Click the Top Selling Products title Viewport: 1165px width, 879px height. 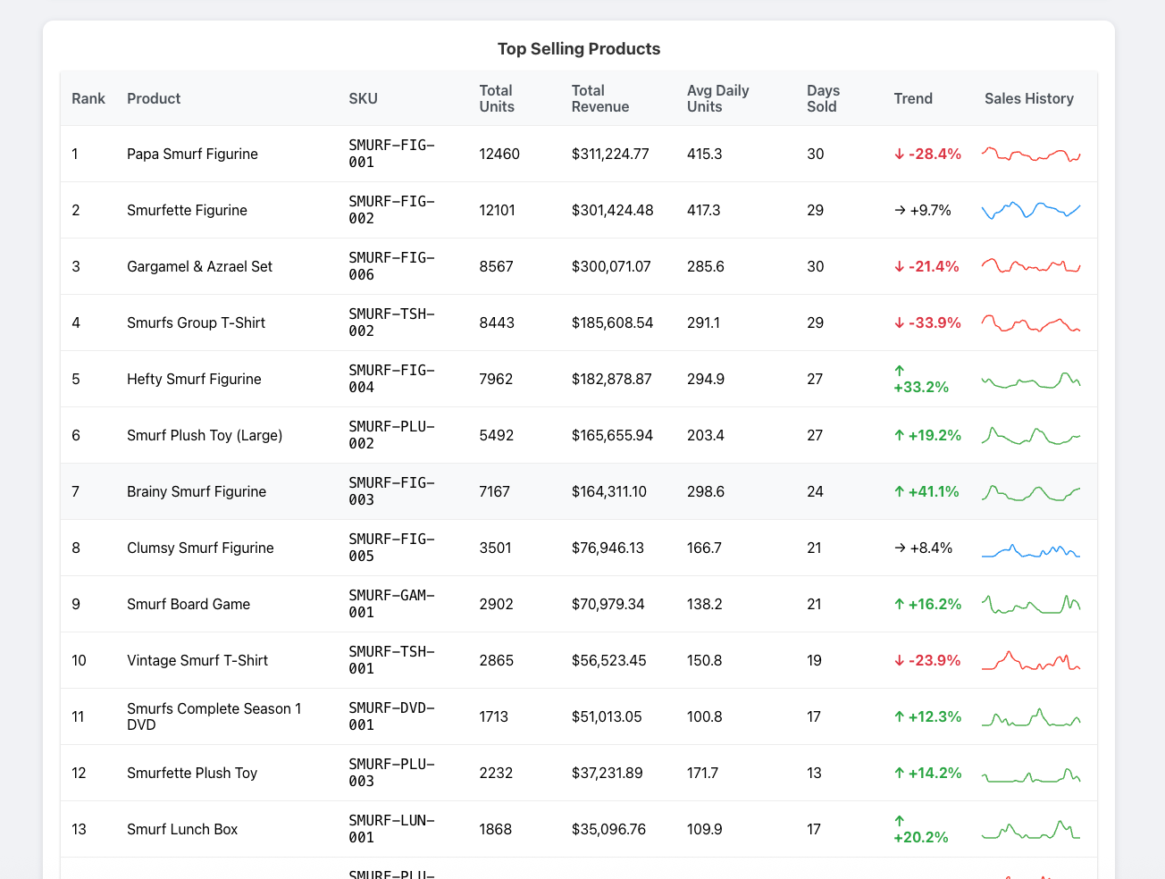[x=578, y=49]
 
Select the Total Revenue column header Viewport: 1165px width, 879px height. [x=599, y=98]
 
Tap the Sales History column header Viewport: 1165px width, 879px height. [x=1028, y=98]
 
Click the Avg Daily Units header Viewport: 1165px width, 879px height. [x=717, y=98]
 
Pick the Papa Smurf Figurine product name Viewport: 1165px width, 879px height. [x=192, y=154]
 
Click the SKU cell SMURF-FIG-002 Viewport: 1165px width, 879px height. [x=391, y=210]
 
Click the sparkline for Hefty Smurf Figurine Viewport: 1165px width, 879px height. [x=1031, y=380]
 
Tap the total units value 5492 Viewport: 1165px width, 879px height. [x=496, y=435]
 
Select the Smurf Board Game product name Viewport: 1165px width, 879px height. [x=189, y=604]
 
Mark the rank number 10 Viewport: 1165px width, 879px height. [x=80, y=660]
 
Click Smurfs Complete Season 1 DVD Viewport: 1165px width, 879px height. [x=214, y=716]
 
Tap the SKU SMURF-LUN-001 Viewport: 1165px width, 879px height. [x=391, y=829]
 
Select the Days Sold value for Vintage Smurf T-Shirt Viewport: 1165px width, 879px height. [x=814, y=660]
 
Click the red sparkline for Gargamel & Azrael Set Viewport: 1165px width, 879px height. [x=1031, y=266]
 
